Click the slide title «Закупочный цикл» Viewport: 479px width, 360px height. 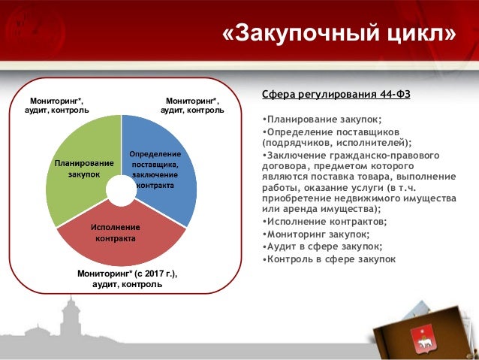(339, 34)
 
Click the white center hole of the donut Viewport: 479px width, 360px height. (120, 189)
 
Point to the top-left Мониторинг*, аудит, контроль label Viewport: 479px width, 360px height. (57, 105)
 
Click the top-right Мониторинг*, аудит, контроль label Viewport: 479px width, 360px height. (192, 105)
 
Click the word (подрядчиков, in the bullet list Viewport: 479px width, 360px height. (294, 141)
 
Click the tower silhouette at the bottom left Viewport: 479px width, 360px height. (71, 323)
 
